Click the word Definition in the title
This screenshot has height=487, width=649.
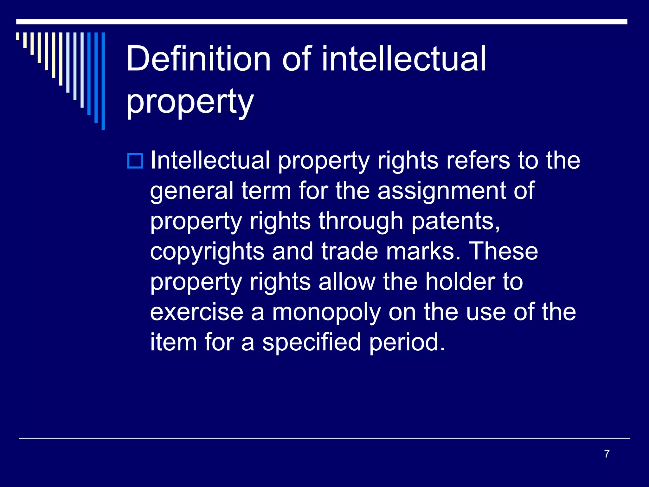click(x=198, y=59)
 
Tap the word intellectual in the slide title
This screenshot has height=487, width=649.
click(x=404, y=59)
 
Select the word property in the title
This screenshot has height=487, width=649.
click(x=190, y=102)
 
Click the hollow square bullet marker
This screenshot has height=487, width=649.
click(x=135, y=161)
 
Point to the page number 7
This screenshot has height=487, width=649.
click(x=607, y=454)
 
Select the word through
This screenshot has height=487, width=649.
click(x=361, y=221)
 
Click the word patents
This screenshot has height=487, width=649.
click(x=456, y=221)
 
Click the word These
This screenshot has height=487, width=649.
click(x=503, y=251)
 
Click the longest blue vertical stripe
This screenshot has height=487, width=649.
click(x=103, y=81)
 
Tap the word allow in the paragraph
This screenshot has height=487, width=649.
click(x=347, y=282)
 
